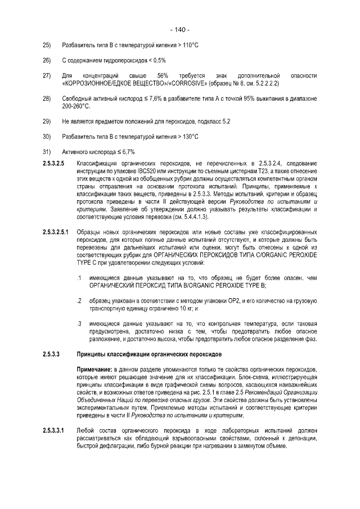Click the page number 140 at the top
pyautogui.click(x=179, y=30)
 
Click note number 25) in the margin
pyautogui.click(x=47, y=45)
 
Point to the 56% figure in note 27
pyautogui.click(x=163, y=75)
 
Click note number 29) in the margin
pyautogui.click(x=47, y=121)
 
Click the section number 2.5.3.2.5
pyautogui.click(x=53, y=163)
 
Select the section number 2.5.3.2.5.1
pyautogui.click(x=56, y=232)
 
